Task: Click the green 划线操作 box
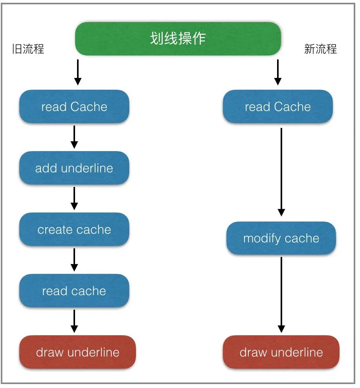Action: click(x=178, y=39)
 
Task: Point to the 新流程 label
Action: click(x=320, y=49)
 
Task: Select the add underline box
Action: click(x=74, y=168)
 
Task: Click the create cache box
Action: click(x=74, y=230)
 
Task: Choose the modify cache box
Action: click(x=281, y=238)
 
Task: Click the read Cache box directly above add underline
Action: click(x=74, y=107)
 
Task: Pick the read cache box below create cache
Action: click(x=74, y=291)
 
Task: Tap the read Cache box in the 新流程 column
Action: click(x=278, y=107)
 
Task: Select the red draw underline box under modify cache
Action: click(x=281, y=352)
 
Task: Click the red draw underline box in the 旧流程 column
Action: click(x=77, y=352)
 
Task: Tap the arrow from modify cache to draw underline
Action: click(x=281, y=295)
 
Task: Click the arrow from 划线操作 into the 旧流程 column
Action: click(x=78, y=72)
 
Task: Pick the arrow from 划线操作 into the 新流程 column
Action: click(x=278, y=72)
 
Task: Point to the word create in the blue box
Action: click(x=55, y=230)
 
